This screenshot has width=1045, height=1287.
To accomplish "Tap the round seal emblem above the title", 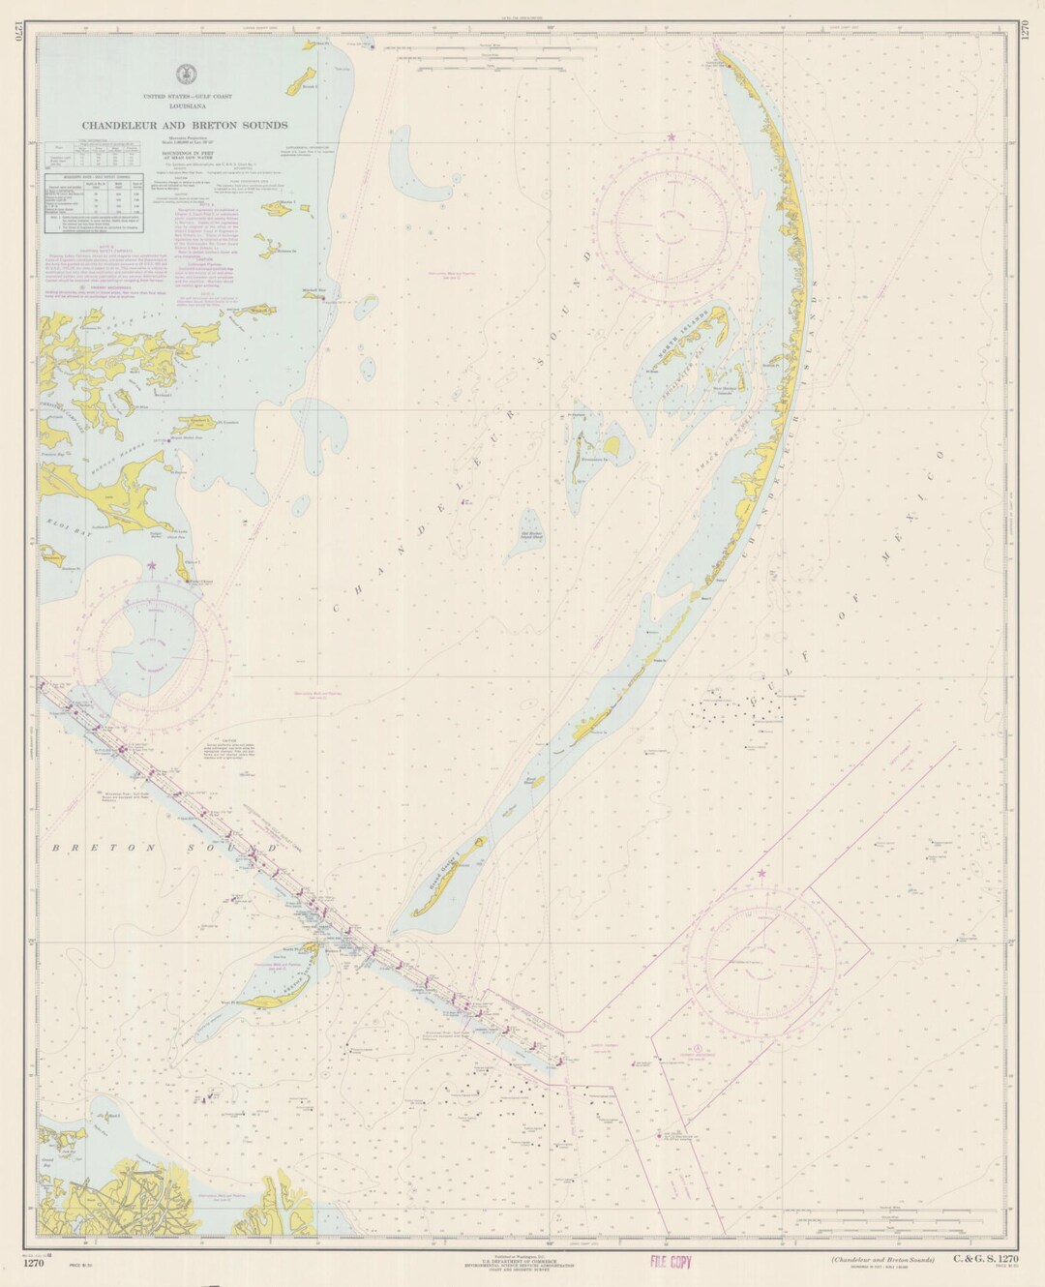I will tap(184, 74).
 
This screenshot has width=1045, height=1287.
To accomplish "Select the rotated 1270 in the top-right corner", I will tap(1027, 30).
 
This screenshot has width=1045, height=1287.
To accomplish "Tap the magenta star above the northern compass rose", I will tap(671, 137).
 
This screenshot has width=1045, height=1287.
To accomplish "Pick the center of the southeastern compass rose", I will tap(761, 951).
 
